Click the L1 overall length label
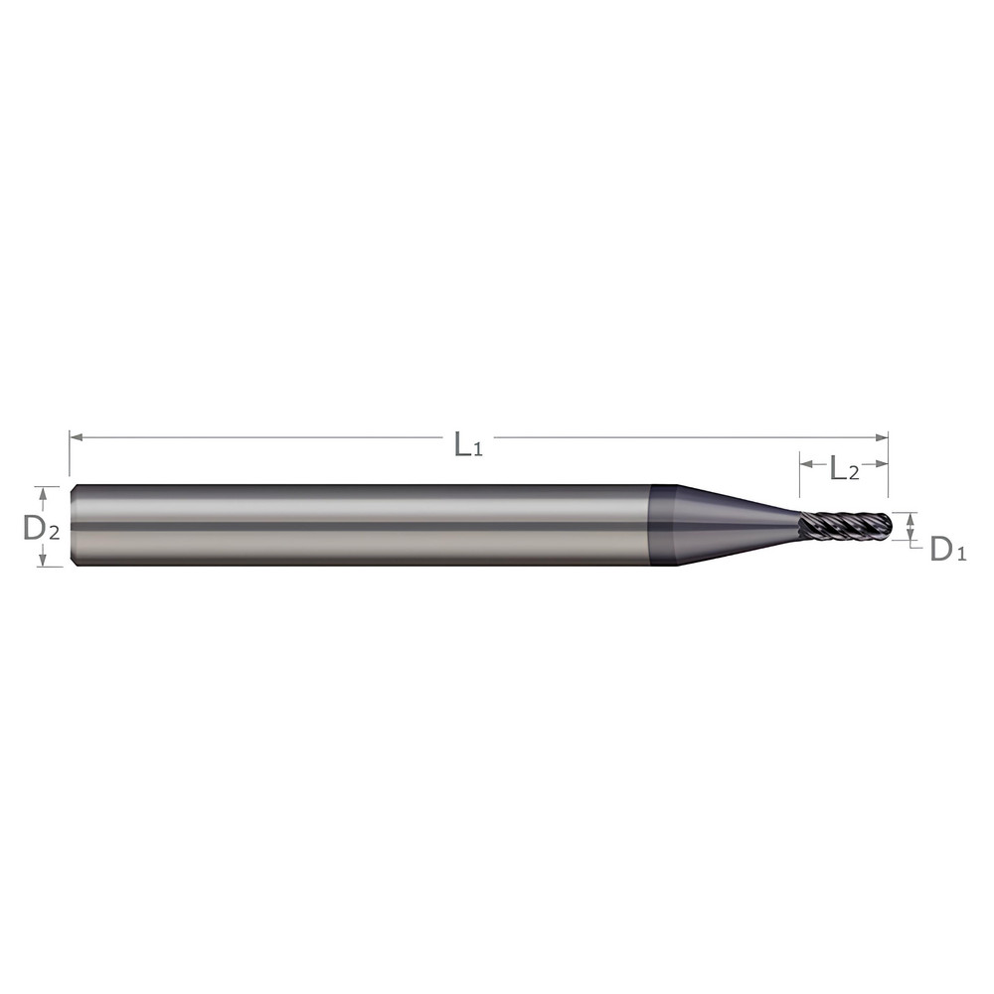[x=467, y=444]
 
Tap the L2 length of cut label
[x=844, y=470]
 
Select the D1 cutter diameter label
[x=947, y=549]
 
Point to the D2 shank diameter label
[x=41, y=529]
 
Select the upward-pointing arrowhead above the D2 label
[x=41, y=492]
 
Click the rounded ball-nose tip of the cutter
[x=885, y=525]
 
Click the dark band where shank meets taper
[x=662, y=525]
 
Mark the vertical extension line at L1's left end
[x=70, y=453]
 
